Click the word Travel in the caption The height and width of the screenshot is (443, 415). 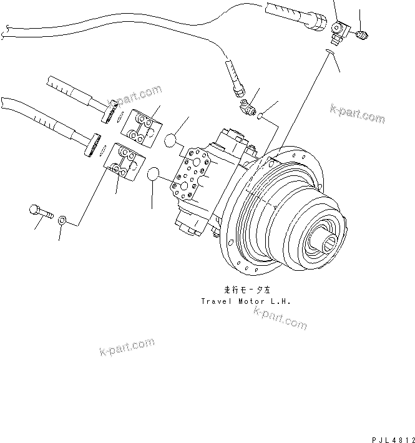click(x=214, y=301)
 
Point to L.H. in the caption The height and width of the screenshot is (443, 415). click(x=281, y=301)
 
